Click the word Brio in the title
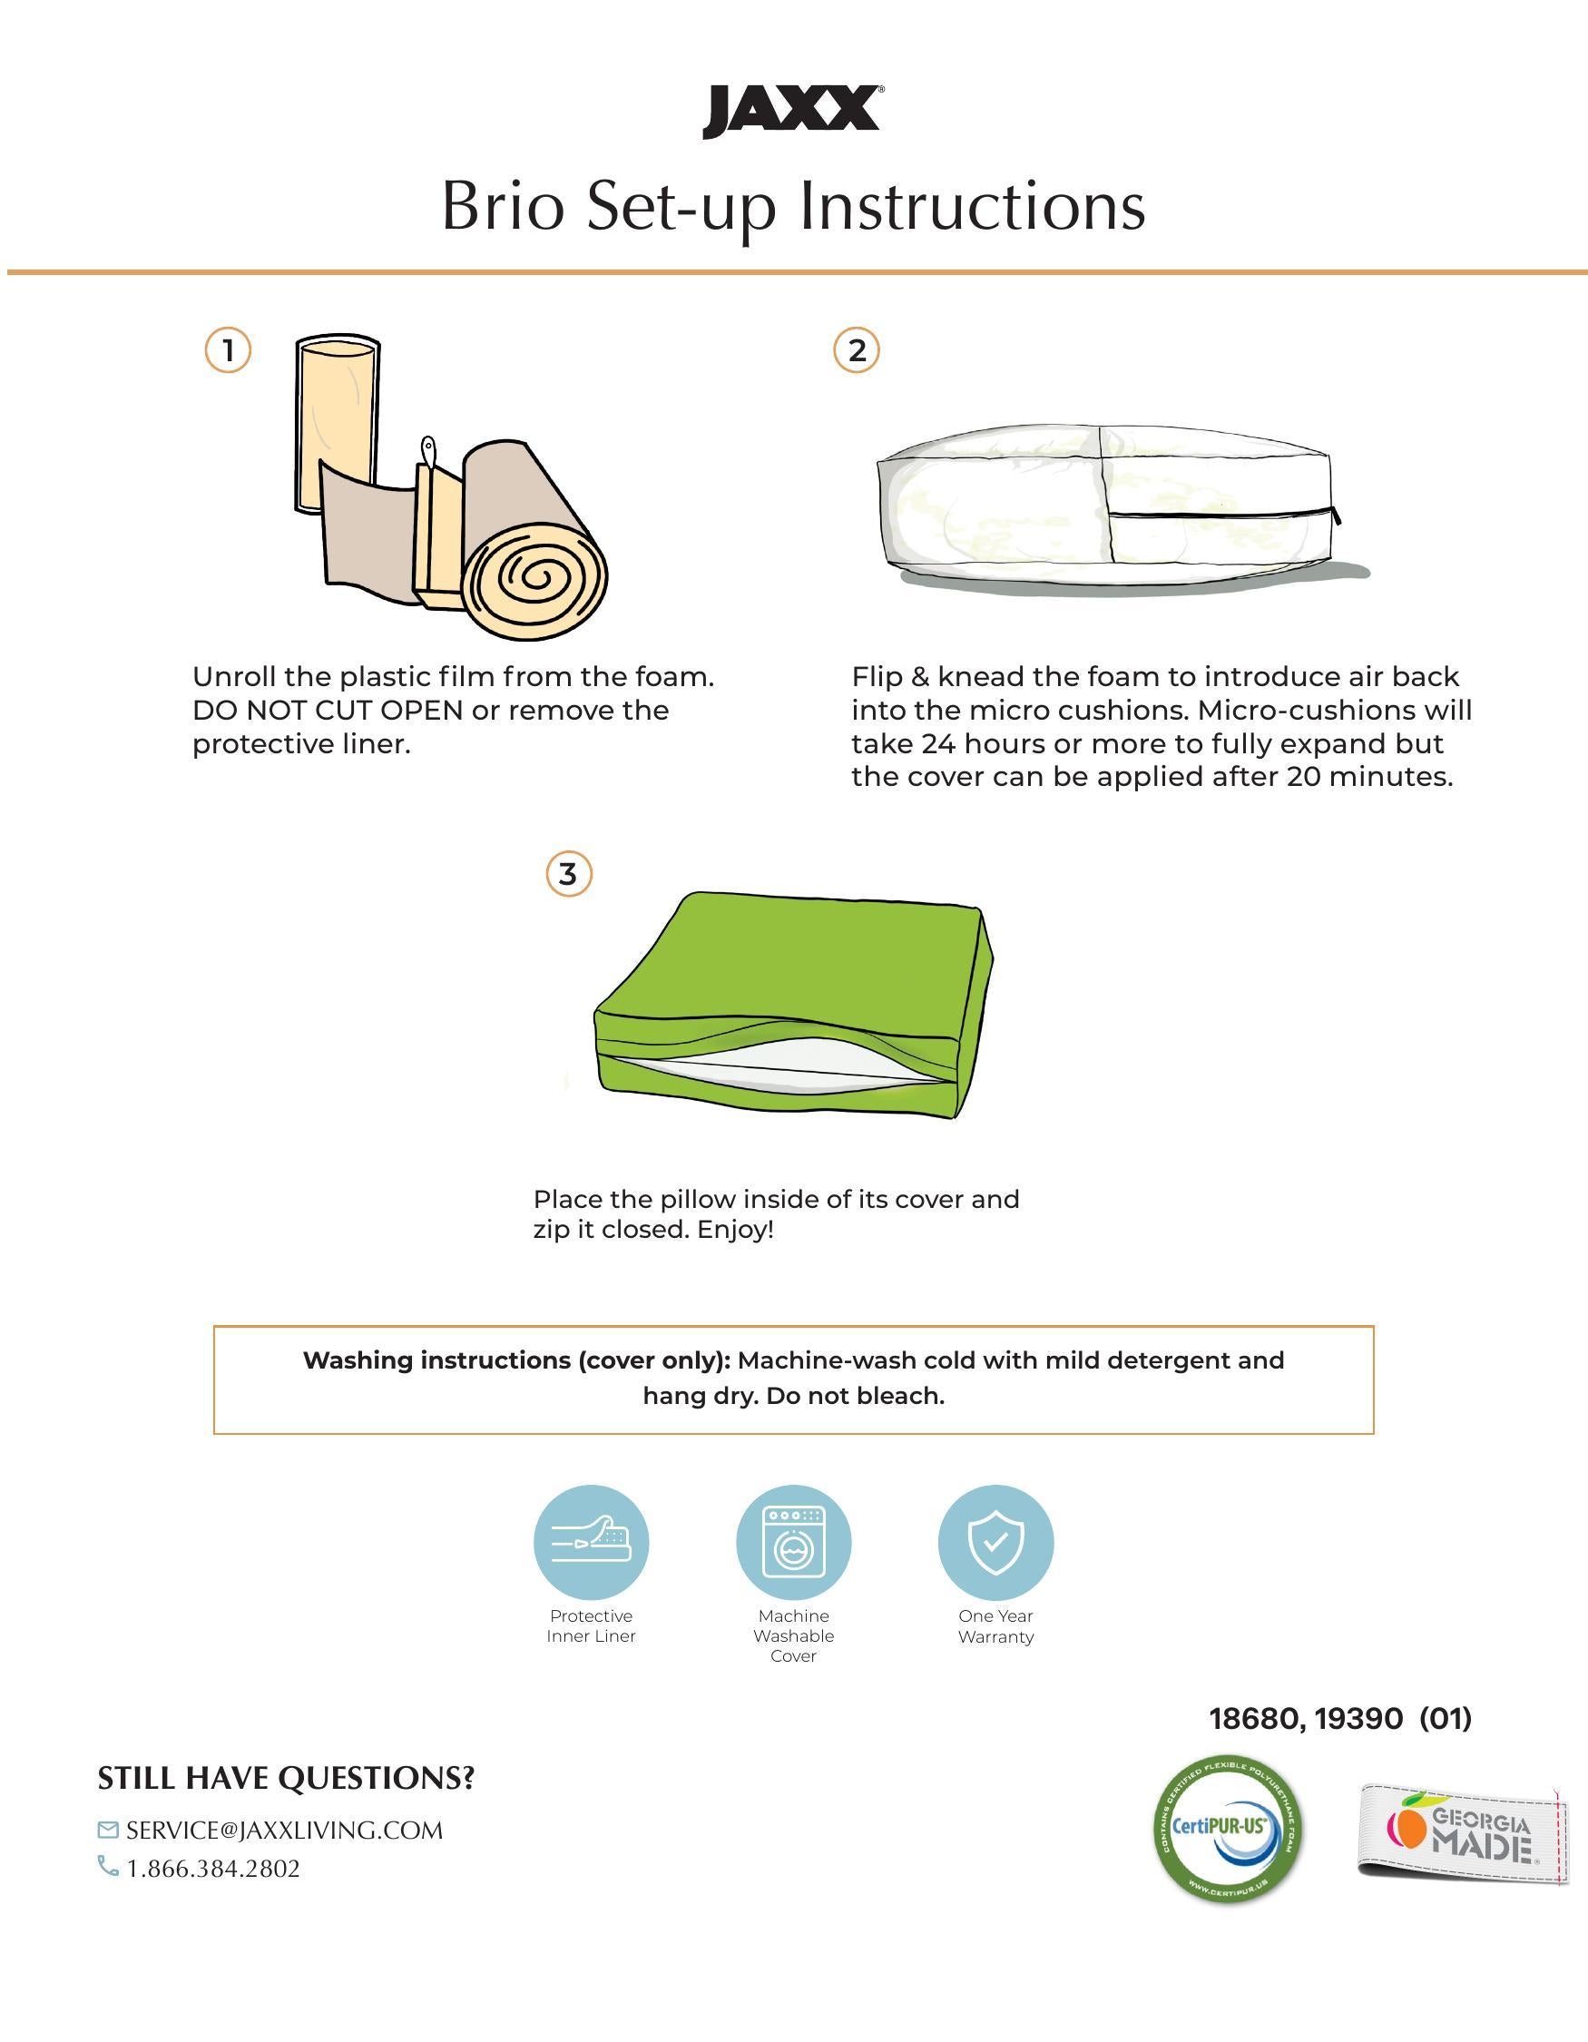click(x=503, y=206)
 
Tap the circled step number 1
click(x=227, y=350)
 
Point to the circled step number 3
click(x=568, y=874)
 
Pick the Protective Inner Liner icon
click(x=591, y=1542)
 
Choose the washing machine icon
click(x=793, y=1542)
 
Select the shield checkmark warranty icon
click(x=995, y=1542)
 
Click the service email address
click(x=284, y=1830)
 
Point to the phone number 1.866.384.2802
click(x=213, y=1868)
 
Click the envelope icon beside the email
click(x=108, y=1829)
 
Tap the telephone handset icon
click(x=108, y=1866)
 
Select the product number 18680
click(x=1253, y=1719)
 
